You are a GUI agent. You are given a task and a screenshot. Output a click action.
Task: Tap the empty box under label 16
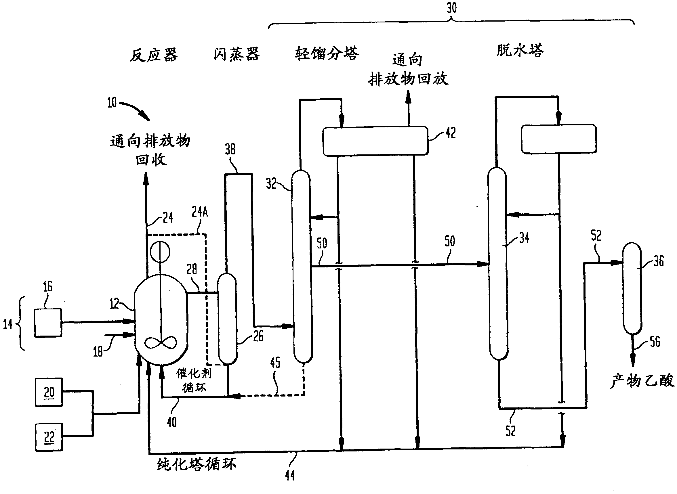point(48,323)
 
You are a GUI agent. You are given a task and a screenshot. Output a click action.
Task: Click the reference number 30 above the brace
point(452,8)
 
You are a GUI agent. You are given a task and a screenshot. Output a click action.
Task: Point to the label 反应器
point(153,55)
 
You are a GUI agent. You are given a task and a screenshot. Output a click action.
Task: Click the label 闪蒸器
point(236,54)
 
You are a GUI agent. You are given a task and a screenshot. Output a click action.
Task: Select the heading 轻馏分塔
point(327,53)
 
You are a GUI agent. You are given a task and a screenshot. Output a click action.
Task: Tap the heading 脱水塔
point(520,50)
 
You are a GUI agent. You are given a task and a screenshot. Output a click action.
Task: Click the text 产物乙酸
point(642,381)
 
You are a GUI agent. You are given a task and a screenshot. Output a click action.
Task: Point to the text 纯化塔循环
point(197,464)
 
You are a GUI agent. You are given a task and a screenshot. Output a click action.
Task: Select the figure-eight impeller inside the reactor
point(161,342)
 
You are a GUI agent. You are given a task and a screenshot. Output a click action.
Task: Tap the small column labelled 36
point(632,289)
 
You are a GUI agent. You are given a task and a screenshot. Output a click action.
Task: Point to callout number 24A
point(200,212)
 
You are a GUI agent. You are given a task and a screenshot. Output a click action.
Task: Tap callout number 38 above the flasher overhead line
point(230,149)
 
